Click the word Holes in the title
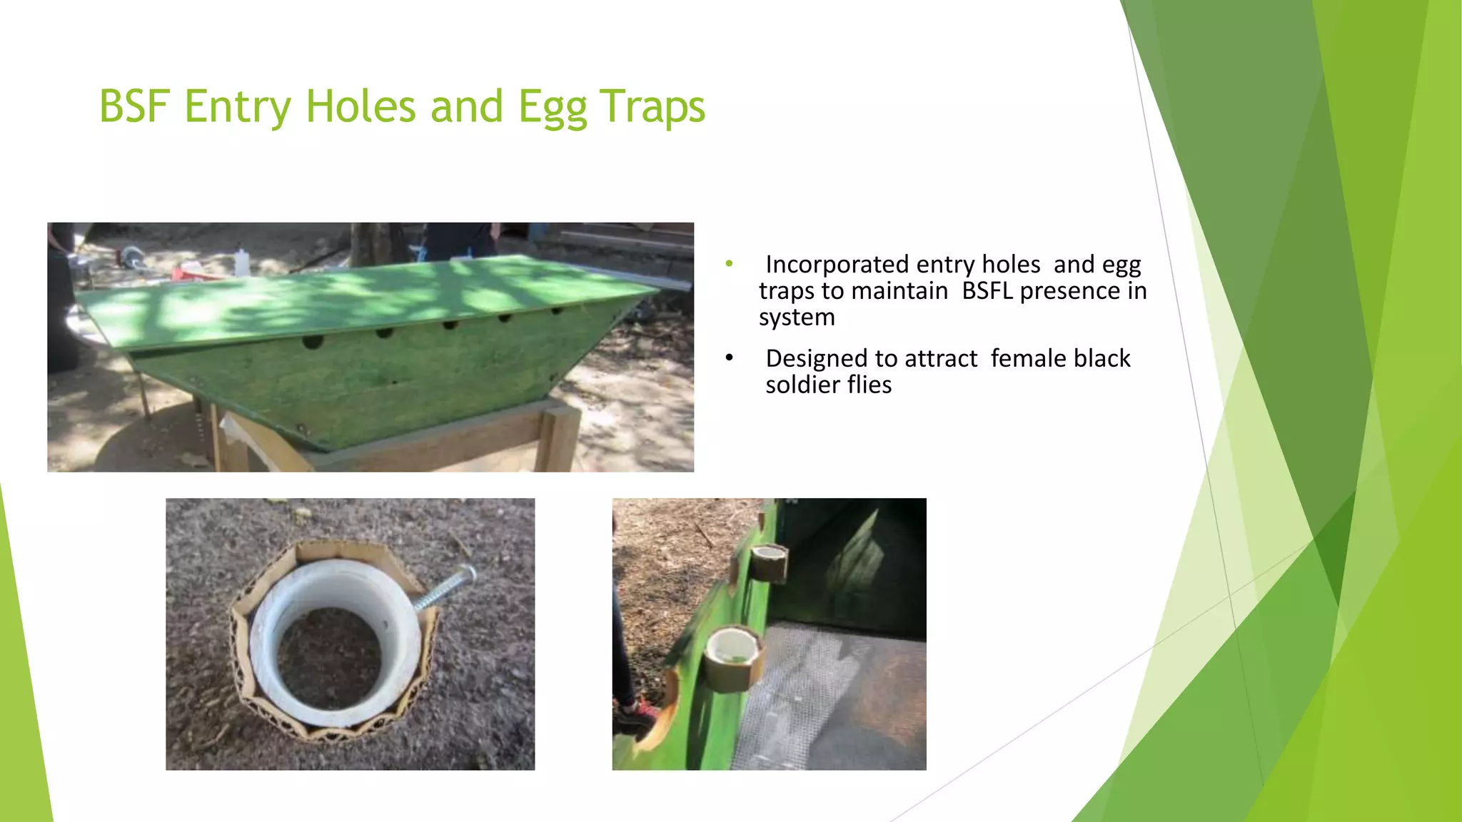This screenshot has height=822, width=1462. click(361, 107)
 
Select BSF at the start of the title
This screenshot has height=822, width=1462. click(135, 107)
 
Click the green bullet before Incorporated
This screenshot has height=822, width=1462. click(729, 264)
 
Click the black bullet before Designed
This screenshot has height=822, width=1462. click(729, 357)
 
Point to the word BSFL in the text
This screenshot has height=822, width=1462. click(987, 291)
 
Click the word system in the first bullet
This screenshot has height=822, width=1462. click(797, 318)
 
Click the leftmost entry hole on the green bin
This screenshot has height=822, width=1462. click(313, 342)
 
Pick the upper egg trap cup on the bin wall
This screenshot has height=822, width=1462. click(770, 561)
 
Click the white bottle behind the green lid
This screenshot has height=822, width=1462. click(242, 262)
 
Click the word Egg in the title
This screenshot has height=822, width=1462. click(553, 107)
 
